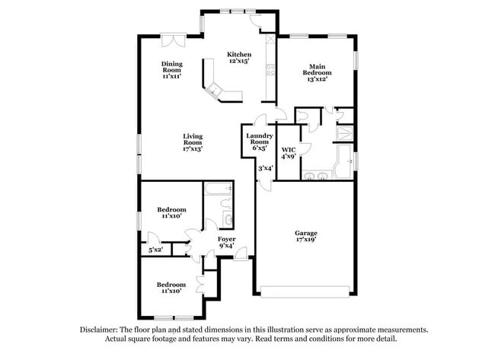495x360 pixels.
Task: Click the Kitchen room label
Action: pyautogui.click(x=239, y=54)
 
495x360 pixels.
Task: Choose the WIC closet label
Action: pyautogui.click(x=288, y=149)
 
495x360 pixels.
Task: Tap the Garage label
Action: pyautogui.click(x=306, y=233)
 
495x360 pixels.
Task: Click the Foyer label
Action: pyautogui.click(x=227, y=240)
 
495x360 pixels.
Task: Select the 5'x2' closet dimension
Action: pyautogui.click(x=155, y=250)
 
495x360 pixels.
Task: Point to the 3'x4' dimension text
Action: pyautogui.click(x=265, y=168)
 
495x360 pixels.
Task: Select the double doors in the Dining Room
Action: pyautogui.click(x=171, y=39)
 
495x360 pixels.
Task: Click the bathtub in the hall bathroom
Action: pyautogui.click(x=220, y=188)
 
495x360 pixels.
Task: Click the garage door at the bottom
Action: pyautogui.click(x=303, y=291)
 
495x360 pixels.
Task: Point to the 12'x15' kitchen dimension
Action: pyautogui.click(x=239, y=62)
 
